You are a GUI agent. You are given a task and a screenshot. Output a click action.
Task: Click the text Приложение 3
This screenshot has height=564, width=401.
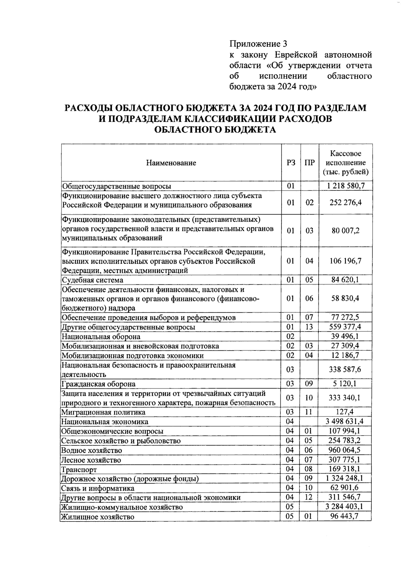coord(258,44)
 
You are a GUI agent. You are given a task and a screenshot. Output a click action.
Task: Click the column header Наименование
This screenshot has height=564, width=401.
coord(171,163)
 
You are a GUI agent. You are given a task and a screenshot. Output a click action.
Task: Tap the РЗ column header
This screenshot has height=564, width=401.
coord(291,163)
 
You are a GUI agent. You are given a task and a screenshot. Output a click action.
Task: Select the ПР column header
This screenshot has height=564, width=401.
coord(309,163)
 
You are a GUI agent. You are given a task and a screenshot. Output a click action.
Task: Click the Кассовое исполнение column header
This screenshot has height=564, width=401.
coord(346,163)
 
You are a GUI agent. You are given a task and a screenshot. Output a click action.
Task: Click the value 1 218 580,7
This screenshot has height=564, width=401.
coord(346,186)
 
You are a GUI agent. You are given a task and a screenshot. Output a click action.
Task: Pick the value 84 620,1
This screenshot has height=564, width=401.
coord(345,279)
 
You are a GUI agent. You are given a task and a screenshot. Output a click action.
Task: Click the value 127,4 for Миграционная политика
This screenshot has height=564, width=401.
coord(345,412)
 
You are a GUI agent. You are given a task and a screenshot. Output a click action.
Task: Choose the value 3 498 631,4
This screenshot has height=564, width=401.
coord(345,421)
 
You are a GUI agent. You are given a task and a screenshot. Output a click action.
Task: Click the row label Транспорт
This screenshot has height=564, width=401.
coord(79,470)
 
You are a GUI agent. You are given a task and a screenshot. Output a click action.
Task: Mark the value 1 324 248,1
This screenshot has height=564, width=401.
coord(345,478)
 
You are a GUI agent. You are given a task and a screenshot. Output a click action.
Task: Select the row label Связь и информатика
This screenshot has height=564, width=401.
coord(98,488)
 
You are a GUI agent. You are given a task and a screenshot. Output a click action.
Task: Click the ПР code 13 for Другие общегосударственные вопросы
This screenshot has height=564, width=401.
coord(309,327)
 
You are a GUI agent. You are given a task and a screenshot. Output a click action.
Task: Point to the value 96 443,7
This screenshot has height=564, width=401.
coord(345,516)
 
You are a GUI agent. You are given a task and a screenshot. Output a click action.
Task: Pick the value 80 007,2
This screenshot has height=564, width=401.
coord(345,230)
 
